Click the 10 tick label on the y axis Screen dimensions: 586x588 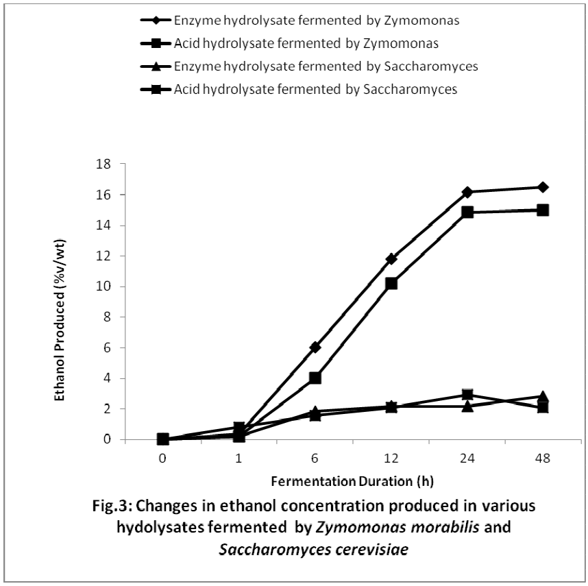click(106, 286)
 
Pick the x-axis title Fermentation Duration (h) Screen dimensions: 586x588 click(352, 480)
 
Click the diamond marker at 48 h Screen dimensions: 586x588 click(543, 187)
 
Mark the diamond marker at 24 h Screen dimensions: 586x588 click(467, 192)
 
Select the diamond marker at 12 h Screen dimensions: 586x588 click(391, 258)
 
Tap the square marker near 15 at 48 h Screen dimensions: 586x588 click(543, 210)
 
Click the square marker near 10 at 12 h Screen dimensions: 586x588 click(391, 283)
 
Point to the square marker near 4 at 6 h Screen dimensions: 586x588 click(315, 378)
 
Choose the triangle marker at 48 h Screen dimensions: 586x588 click(543, 396)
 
